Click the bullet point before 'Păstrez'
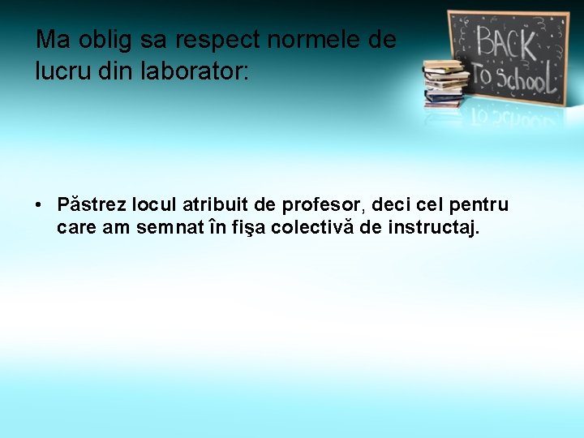[x=39, y=204]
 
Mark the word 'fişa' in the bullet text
[x=248, y=228]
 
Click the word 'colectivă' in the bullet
[x=312, y=228]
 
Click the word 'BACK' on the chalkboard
[x=505, y=42]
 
